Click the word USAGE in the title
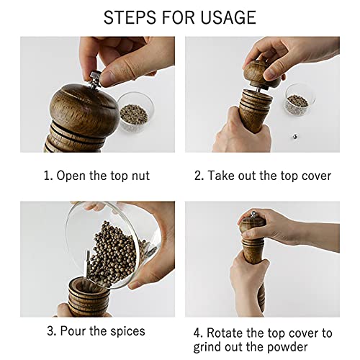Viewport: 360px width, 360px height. [228, 17]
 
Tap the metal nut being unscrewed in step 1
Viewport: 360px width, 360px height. [95, 78]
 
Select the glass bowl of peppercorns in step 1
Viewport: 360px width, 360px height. [135, 113]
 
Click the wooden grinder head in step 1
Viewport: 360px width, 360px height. [84, 107]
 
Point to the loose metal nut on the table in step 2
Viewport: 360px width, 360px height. [294, 137]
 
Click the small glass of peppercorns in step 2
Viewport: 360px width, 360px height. [300, 100]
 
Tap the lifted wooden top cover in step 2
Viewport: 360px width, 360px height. [261, 74]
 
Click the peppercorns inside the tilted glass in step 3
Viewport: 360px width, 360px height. [113, 254]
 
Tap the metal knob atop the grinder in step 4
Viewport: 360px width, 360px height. [253, 214]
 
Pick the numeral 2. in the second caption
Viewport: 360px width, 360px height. [199, 176]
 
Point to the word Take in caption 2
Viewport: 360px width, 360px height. [221, 176]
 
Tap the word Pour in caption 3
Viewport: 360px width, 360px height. [73, 331]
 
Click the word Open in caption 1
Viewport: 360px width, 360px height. [71, 176]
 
